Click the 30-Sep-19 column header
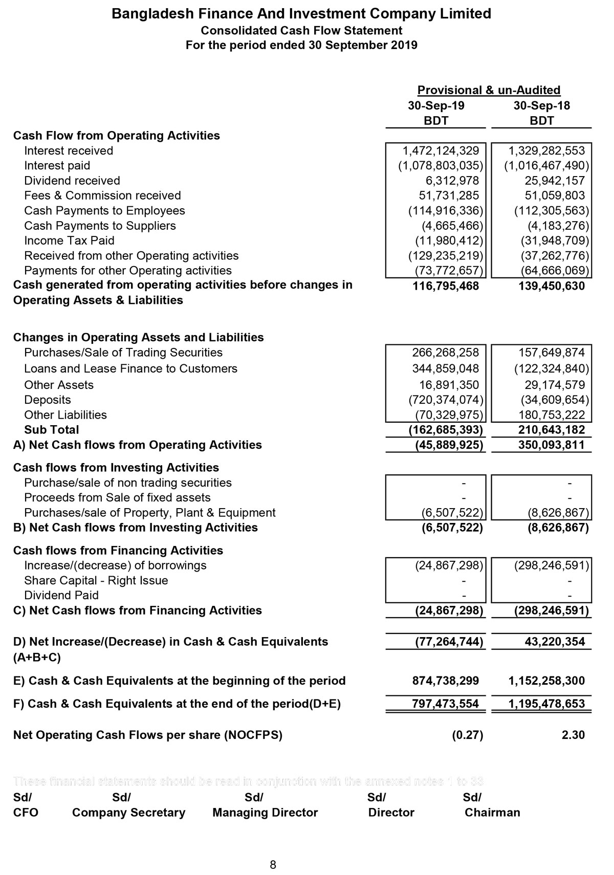pos(436,106)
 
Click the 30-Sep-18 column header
pos(541,106)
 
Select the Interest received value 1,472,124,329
pos(441,151)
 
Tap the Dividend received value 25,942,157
pos(555,181)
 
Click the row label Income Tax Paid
pos(69,240)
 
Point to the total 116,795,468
pos(446,286)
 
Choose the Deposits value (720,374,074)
pos(446,400)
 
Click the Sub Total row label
pos(52,430)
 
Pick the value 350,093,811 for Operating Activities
pos(552,445)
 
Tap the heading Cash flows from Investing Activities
pos(116,468)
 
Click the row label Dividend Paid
pos(61,595)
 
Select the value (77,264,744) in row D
pos(449,642)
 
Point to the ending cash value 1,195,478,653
pos(546,704)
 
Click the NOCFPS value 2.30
pos(573,735)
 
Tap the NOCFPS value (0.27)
pos(467,735)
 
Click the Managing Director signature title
pos(265,813)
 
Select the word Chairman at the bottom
pos(492,813)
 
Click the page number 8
pos(273,865)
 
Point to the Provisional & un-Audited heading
pos(489,91)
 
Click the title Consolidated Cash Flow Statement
pos(301,31)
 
